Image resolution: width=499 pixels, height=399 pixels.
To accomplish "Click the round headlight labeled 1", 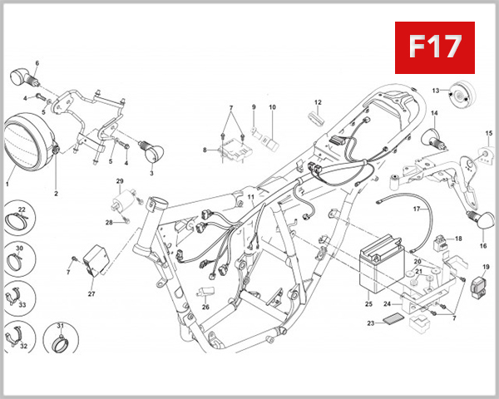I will tap(30, 144).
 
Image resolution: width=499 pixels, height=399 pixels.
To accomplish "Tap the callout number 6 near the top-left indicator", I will tap(37, 63).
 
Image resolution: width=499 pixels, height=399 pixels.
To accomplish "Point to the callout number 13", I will tap(435, 90).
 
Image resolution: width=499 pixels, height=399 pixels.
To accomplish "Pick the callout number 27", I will tap(91, 293).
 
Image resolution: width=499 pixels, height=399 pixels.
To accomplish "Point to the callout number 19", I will tap(486, 267).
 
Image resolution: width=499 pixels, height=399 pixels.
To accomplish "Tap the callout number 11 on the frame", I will tap(250, 195).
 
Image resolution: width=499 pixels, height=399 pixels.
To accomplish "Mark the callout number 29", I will tap(119, 181).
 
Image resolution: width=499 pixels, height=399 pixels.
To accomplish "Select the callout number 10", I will tap(271, 107).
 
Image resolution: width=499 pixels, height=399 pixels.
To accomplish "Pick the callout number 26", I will tap(205, 306).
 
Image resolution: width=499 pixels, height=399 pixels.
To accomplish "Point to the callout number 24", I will tap(388, 304).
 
